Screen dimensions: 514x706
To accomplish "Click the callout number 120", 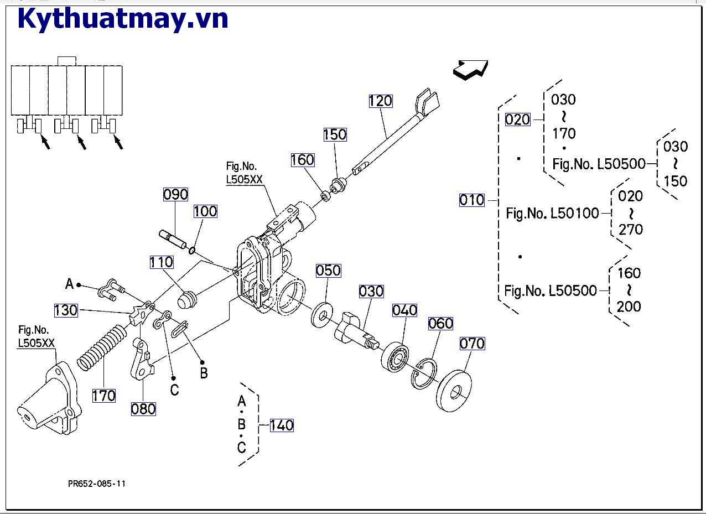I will pos(381,101).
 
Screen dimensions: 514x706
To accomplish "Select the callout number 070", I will pos(472,344).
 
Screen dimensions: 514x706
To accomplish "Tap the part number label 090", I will pos(175,195).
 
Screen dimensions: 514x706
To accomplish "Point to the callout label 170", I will pos(103,396).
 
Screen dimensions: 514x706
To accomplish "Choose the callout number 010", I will pos(471,200).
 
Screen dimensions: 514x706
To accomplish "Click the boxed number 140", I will pos(282,425).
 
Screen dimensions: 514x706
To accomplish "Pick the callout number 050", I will pos(328,271).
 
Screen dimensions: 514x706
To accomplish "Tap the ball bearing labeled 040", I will pos(395,357).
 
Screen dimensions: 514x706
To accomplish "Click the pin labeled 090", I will pos(174,238).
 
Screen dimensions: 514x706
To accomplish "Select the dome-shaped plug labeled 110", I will pos(188,300).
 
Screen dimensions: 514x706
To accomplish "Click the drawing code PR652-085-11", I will pos(97,484).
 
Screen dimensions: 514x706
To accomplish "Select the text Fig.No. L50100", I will pos(552,213).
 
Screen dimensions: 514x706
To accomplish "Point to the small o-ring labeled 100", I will pos(192,251).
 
